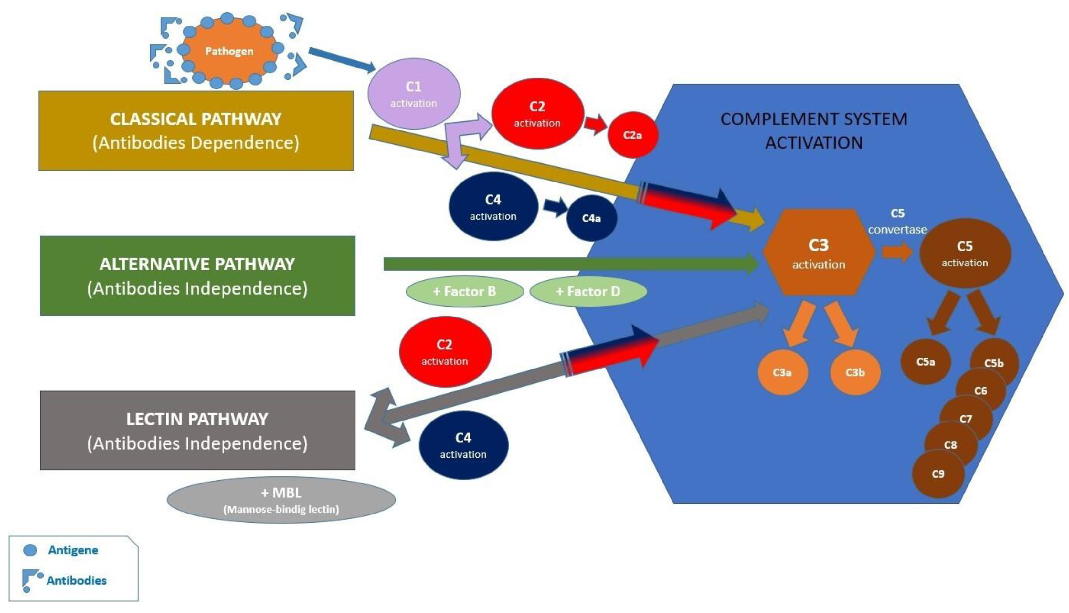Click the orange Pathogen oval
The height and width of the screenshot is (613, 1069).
tap(229, 51)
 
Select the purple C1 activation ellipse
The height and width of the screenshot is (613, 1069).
tap(414, 93)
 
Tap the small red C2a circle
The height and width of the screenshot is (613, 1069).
tap(632, 135)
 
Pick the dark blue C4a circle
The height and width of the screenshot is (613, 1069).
tap(591, 218)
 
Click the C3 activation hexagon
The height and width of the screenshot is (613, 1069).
tap(818, 253)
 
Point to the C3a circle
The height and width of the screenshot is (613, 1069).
tap(782, 372)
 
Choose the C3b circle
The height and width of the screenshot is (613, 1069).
tap(855, 372)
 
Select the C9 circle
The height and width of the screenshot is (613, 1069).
tap(938, 474)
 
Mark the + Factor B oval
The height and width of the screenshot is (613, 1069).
tap(465, 291)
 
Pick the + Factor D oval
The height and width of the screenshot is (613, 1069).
tap(588, 291)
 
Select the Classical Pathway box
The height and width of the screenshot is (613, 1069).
tap(196, 130)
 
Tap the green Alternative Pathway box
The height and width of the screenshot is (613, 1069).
tap(197, 276)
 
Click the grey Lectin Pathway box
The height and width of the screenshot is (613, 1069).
tap(197, 430)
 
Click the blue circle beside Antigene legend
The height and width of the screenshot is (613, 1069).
tap(30, 550)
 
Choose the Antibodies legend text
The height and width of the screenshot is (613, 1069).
tap(76, 581)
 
